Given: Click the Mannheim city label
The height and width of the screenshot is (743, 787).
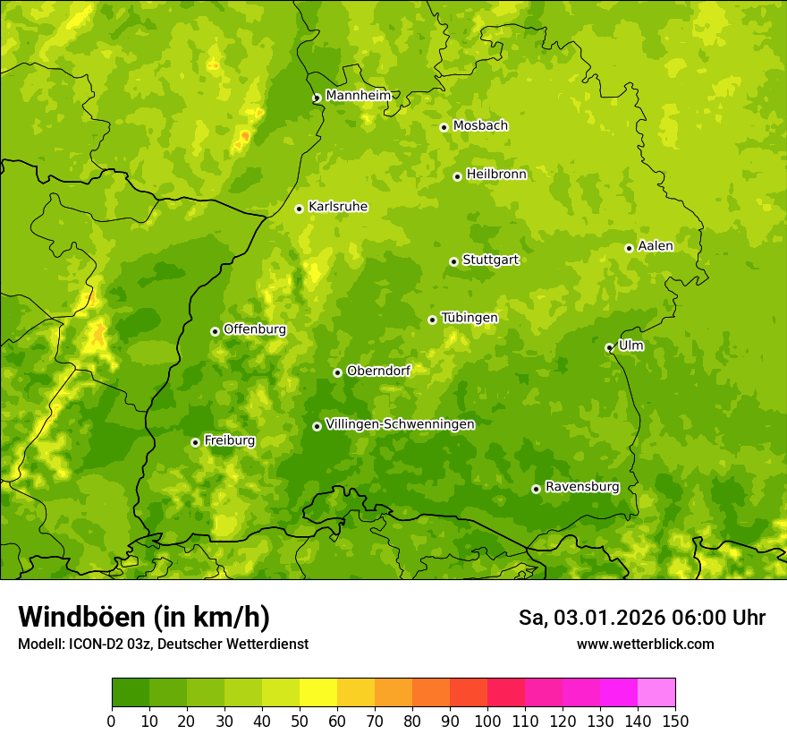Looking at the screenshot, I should click(x=358, y=96).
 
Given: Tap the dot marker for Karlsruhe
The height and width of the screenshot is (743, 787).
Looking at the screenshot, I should click(x=300, y=209).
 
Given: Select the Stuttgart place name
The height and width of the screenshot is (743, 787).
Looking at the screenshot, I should click(x=490, y=260).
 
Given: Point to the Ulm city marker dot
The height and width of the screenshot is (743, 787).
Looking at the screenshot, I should click(x=610, y=347).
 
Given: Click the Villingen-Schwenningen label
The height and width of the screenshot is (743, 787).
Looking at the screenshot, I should click(x=400, y=424).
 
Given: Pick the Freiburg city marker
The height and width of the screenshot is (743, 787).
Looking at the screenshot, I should click(x=195, y=442).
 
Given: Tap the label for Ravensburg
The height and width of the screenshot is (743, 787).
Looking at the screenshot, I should click(x=581, y=487).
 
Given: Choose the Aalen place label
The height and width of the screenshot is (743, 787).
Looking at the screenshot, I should click(x=655, y=246).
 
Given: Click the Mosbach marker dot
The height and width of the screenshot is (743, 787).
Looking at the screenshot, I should click(x=444, y=127).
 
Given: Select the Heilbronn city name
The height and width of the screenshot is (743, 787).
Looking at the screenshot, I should click(x=496, y=175).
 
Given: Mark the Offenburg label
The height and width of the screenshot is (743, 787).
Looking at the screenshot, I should click(x=255, y=329).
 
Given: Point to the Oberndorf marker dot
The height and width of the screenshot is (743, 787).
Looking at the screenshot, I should click(x=337, y=372).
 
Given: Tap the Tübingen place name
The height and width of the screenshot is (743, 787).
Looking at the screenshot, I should click(x=469, y=318).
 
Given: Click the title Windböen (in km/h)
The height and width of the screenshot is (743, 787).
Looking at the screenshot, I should click(x=143, y=617).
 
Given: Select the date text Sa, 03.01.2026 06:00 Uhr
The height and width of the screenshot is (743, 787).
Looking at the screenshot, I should click(x=641, y=618).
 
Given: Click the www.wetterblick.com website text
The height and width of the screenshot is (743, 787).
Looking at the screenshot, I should click(x=645, y=644).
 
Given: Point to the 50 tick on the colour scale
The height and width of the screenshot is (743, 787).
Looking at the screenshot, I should click(x=300, y=721).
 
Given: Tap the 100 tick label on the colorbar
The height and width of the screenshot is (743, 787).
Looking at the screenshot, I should click(x=487, y=721).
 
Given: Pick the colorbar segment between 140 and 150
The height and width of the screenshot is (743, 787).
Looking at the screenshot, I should click(x=656, y=693).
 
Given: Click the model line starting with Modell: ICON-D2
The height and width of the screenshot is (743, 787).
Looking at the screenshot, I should click(x=163, y=644).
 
